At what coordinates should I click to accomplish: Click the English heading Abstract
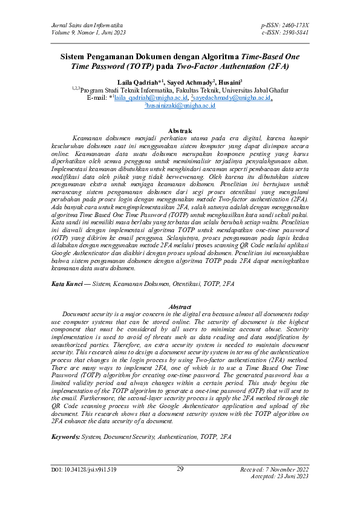point(180,307)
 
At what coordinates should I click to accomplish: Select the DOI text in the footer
point(84,486)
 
